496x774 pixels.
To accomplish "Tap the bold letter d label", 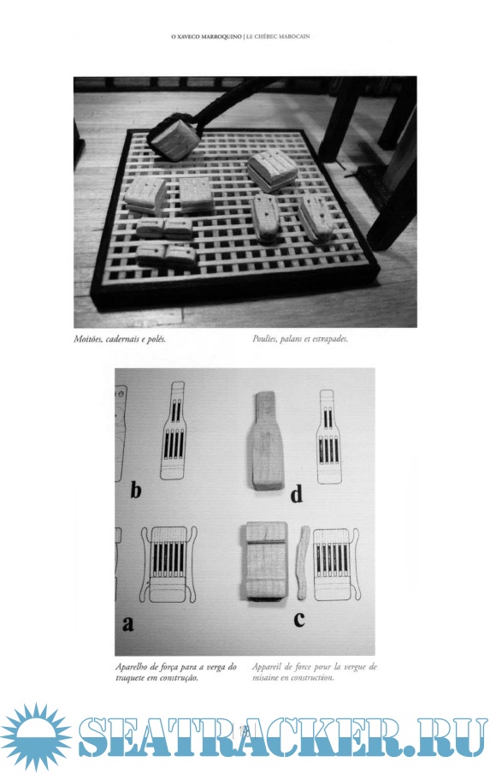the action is (x=297, y=495).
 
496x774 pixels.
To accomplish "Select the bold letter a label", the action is (x=128, y=624).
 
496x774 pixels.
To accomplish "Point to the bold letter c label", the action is (x=299, y=620).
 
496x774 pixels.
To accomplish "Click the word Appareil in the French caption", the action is (x=267, y=667).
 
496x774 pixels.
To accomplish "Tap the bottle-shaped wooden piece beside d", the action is (x=265, y=440).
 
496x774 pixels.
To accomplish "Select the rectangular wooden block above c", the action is (x=266, y=561).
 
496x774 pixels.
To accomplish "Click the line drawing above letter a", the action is (x=168, y=565).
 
